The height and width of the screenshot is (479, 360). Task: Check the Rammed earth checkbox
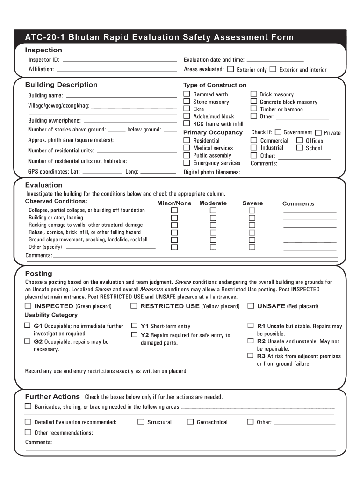[x=187, y=94]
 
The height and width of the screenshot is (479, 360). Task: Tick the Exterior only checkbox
[x=230, y=69]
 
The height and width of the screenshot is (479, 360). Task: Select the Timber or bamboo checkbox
[x=254, y=109]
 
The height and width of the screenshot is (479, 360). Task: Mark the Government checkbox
[x=278, y=132]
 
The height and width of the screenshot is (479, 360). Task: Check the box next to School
[x=300, y=148]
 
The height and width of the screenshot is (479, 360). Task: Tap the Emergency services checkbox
[x=187, y=163]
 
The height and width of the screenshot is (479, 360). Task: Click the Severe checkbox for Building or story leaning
[x=252, y=218]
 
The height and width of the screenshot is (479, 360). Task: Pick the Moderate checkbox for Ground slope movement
[x=213, y=239]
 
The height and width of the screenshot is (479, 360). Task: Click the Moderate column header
[x=213, y=203]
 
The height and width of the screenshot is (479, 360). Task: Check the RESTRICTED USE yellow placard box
[x=134, y=306]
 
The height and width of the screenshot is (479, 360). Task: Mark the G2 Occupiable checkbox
[x=28, y=341]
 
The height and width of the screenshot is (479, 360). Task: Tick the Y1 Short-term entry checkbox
[x=134, y=326]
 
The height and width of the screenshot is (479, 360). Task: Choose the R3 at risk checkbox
[x=251, y=356]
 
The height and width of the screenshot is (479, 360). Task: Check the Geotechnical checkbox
[x=190, y=421]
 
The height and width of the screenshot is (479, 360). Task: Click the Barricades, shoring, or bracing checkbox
[x=28, y=406]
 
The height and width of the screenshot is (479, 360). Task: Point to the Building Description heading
[x=61, y=85]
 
